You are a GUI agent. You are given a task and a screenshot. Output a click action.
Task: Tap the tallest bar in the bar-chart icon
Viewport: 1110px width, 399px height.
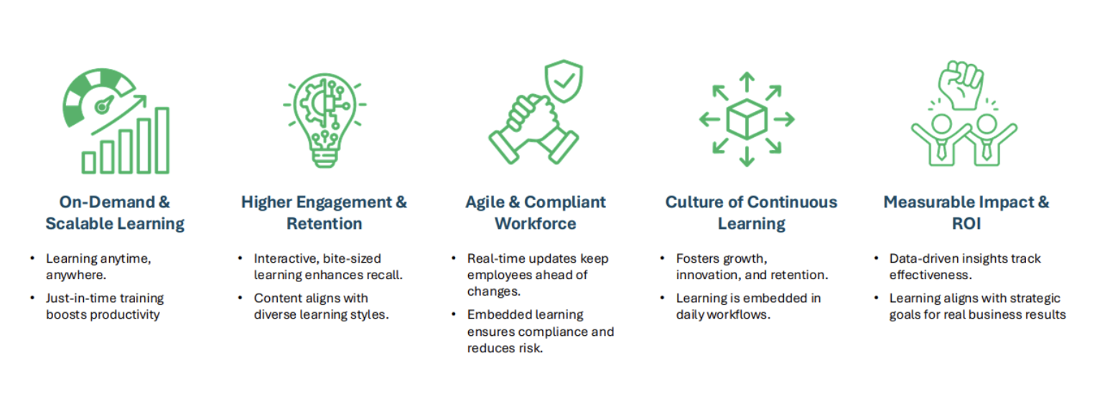pos(162,141)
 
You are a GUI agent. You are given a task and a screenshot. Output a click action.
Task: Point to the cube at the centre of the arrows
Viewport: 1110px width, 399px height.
pos(746,119)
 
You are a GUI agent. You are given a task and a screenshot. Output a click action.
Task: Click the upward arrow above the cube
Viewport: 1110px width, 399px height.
pos(746,81)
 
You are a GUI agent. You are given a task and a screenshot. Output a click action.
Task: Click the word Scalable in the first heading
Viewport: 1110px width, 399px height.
pos(80,224)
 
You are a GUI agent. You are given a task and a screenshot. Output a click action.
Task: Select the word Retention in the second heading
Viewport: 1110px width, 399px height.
pos(325,224)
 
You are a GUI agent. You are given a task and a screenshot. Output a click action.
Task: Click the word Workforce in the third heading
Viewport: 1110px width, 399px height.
pos(535,224)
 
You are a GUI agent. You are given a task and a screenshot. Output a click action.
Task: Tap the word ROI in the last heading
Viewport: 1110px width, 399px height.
pos(966,224)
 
